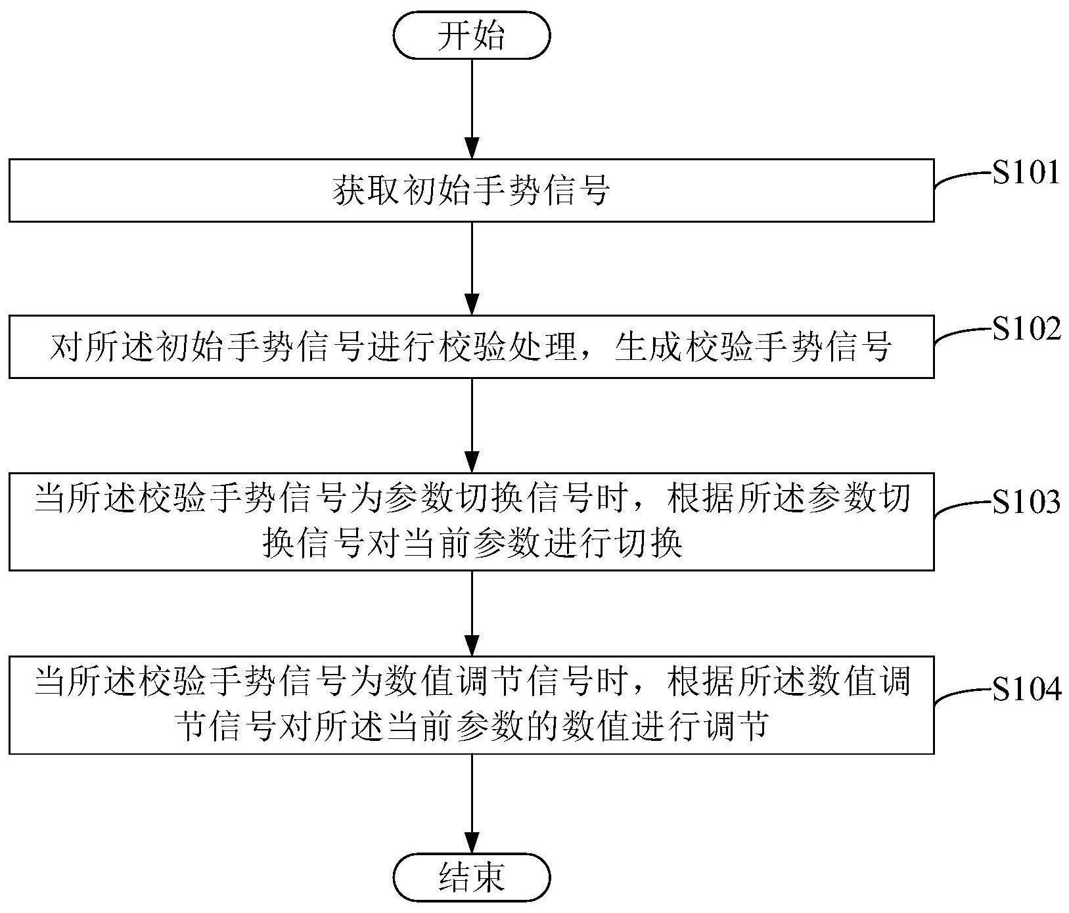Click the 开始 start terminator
tap(471, 35)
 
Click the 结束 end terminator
tap(471, 876)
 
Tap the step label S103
tap(1026, 502)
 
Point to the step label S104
tap(1026, 690)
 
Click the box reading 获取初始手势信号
tap(471, 190)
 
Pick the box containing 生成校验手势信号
tap(471, 347)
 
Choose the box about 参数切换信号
tap(471, 521)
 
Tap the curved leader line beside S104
tap(963, 695)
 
